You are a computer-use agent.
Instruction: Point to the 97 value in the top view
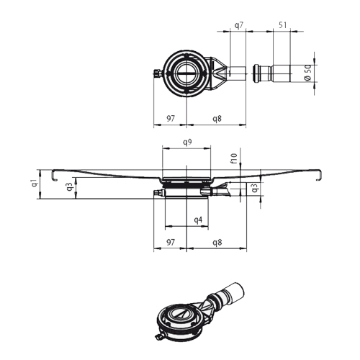click(x=170, y=117)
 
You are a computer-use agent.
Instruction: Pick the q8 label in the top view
click(x=216, y=117)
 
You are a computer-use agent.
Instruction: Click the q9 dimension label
click(x=186, y=143)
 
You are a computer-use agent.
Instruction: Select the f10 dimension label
click(x=233, y=157)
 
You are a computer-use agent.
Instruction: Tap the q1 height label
click(x=34, y=183)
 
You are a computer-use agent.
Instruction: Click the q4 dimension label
click(x=198, y=220)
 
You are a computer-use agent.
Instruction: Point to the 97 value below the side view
click(x=170, y=243)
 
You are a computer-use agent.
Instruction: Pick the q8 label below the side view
click(x=216, y=243)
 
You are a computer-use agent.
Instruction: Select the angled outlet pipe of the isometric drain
click(x=228, y=295)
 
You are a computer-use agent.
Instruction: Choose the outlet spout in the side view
click(x=222, y=190)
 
